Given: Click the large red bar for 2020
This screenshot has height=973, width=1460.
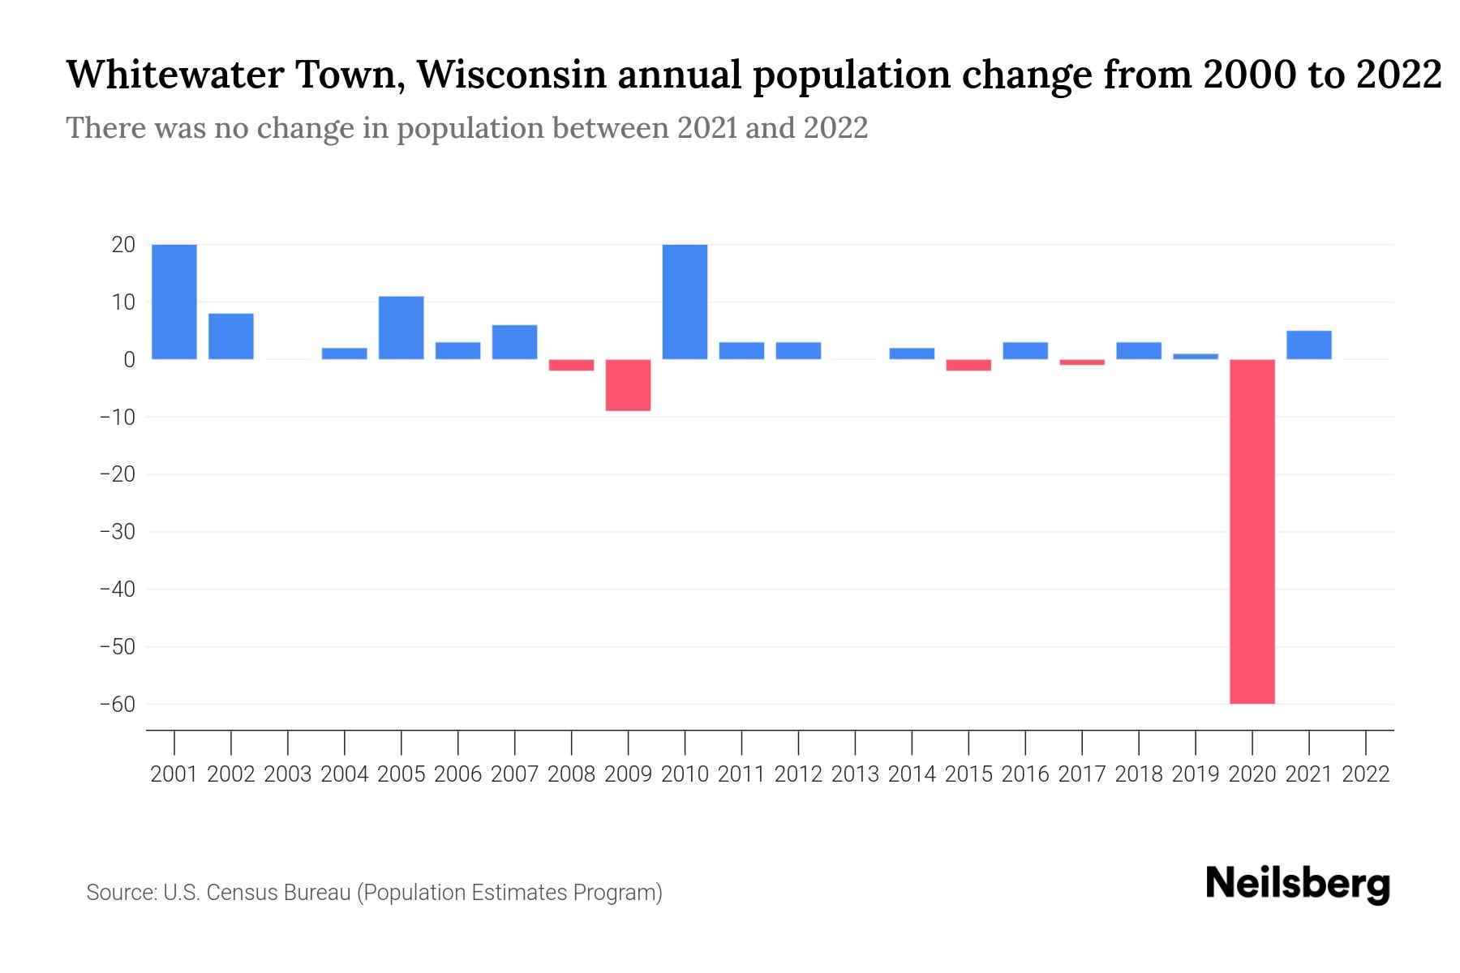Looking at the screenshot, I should tap(1252, 531).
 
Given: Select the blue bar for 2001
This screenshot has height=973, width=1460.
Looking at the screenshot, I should tap(174, 302).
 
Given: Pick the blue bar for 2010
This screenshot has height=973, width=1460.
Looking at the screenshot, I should tap(685, 302).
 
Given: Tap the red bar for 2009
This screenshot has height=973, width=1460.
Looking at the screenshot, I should tap(628, 385).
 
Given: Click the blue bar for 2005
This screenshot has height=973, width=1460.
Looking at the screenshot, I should tap(401, 328).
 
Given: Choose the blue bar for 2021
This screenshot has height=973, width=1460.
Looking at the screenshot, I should tap(1308, 345).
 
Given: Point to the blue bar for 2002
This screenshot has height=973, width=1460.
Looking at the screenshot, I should tap(231, 336).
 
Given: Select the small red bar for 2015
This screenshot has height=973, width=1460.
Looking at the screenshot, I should tap(968, 365).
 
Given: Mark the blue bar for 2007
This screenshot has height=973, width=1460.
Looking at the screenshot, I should tap(514, 341).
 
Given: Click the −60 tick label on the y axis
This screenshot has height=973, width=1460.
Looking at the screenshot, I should tap(117, 704).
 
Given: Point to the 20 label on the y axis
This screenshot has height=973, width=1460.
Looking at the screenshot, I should tap(122, 244).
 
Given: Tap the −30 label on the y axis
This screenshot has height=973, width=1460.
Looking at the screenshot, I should tap(117, 532).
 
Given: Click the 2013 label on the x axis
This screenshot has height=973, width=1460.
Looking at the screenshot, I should tap(855, 774).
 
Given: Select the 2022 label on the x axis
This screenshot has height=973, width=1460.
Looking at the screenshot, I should tap(1365, 774).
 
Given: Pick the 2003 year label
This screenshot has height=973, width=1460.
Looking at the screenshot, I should tap(288, 774).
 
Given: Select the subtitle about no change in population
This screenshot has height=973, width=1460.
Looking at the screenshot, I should tap(466, 128).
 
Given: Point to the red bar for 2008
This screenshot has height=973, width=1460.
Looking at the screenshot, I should tap(571, 365).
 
